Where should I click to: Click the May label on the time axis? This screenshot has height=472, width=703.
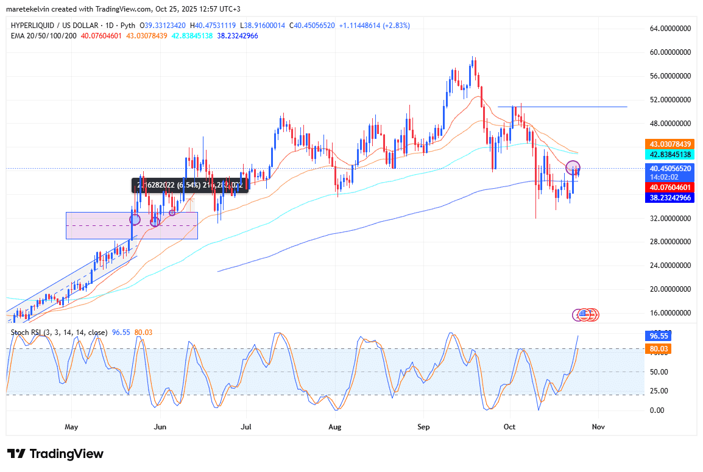point(72,427)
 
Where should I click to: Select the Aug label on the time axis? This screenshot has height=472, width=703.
point(334,427)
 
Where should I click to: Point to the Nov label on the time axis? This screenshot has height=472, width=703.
point(598,427)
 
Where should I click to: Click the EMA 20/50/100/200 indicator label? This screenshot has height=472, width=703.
point(42,36)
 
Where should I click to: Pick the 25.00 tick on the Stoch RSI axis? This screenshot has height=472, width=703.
point(659,391)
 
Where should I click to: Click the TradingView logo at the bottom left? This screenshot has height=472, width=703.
point(55,454)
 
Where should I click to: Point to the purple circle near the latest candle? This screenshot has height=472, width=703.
point(573,167)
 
